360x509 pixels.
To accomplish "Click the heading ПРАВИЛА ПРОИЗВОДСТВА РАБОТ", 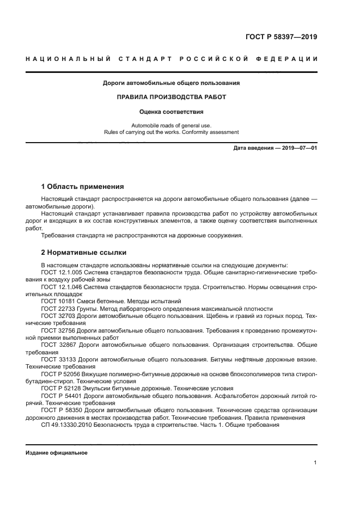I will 172,97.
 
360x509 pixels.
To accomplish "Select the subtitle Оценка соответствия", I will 172,112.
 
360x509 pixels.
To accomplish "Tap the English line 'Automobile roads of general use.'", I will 172,125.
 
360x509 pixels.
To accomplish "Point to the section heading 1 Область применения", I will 82,186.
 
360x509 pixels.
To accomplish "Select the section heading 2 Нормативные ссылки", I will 84,253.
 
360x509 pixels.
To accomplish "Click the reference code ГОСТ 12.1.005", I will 61,272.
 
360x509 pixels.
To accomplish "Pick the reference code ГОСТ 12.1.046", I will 61,286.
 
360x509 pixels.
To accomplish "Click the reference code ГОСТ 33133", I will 57,359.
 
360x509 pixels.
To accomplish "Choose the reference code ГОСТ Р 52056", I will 59,374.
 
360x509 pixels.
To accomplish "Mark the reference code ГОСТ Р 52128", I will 59,389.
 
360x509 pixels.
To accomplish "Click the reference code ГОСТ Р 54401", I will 59,396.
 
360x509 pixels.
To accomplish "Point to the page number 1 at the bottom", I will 315,463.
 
